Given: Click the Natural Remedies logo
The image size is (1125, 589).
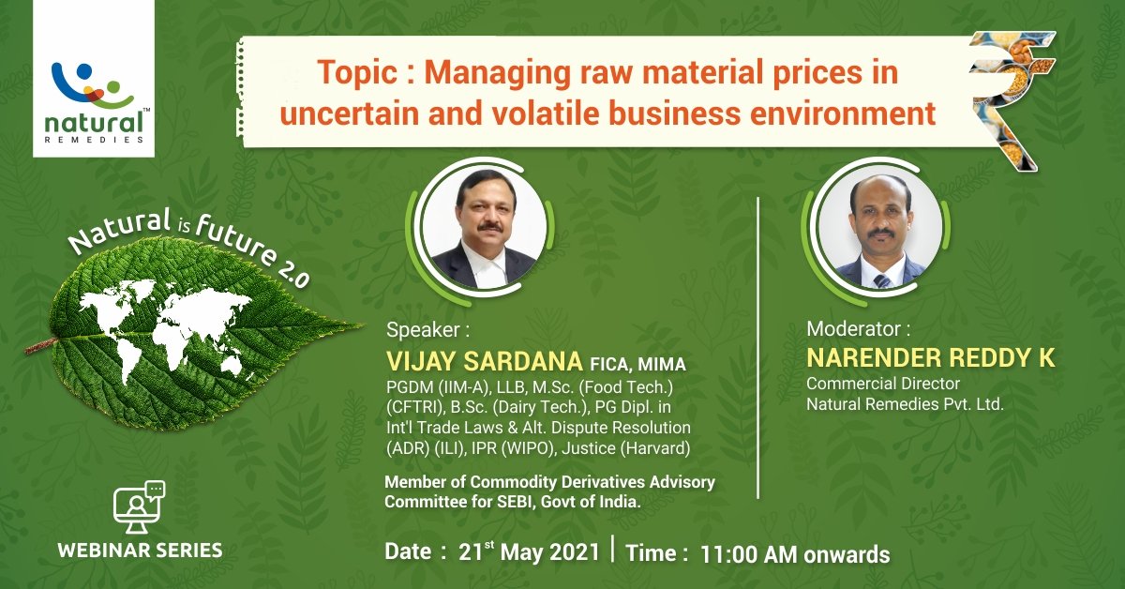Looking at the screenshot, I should click(x=99, y=98).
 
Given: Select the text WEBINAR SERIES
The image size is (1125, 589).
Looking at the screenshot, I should click(x=140, y=550).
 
